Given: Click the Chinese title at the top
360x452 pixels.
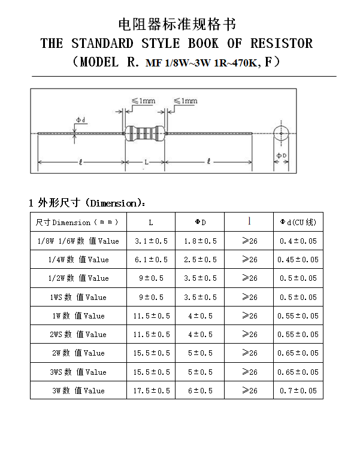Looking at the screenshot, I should pyautogui.click(x=177, y=24).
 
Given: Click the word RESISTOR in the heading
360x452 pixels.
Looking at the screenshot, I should pyautogui.click(x=282, y=43).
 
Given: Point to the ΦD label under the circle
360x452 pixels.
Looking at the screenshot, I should pyautogui.click(x=280, y=156).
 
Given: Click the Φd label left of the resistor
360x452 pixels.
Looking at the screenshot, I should pyautogui.click(x=81, y=120).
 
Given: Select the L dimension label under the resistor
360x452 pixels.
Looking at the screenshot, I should pyautogui.click(x=146, y=162).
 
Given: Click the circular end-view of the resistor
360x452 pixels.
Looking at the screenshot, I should pyautogui.click(x=280, y=133).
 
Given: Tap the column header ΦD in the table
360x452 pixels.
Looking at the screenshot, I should pyautogui.click(x=200, y=222).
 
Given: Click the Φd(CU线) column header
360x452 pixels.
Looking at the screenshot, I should pyautogui.click(x=298, y=222).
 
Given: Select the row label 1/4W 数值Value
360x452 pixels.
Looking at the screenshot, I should pyautogui.click(x=78, y=260).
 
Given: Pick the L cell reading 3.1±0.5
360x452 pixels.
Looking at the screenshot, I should pyautogui.click(x=151, y=241).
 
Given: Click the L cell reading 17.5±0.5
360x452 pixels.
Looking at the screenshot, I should pyautogui.click(x=151, y=390).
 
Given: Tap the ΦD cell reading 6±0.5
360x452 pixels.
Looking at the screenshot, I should pyautogui.click(x=200, y=390).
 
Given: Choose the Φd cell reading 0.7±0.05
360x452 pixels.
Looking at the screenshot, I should pyautogui.click(x=298, y=390).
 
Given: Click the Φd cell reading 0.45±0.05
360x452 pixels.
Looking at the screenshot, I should pyautogui.click(x=298, y=260).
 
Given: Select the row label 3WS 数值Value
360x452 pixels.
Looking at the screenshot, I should pyautogui.click(x=78, y=372).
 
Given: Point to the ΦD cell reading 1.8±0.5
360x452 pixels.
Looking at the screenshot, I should pyautogui.click(x=200, y=241).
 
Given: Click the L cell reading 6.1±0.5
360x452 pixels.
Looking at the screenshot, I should pyautogui.click(x=151, y=260).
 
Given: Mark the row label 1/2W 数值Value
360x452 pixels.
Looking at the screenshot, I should pyautogui.click(x=78, y=278).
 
